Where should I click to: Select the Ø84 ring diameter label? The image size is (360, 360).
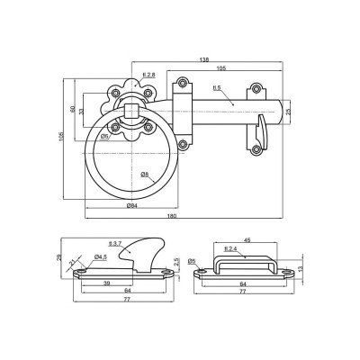[132, 206]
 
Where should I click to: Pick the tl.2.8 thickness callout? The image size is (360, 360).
[150, 75]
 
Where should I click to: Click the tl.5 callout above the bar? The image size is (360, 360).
[217, 88]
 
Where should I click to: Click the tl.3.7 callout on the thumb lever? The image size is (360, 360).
[113, 244]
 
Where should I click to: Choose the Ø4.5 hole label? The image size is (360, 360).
[101, 256]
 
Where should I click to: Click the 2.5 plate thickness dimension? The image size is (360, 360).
[177, 262]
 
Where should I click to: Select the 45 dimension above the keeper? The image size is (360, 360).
[247, 239]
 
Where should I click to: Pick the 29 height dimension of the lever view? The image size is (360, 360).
[60, 258]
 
